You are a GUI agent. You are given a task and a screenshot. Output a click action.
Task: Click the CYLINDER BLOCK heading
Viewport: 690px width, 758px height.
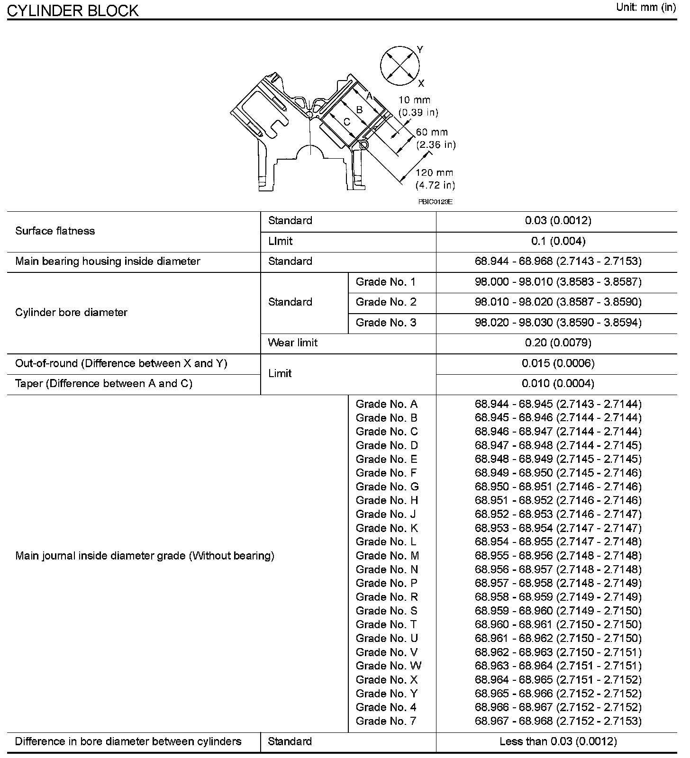tap(73, 10)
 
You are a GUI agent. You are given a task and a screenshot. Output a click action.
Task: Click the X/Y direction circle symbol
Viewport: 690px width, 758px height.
tap(400, 66)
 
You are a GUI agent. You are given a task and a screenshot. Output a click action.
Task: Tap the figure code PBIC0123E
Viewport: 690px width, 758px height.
tap(435, 202)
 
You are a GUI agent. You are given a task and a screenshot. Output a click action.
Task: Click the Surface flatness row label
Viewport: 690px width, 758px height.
tap(55, 231)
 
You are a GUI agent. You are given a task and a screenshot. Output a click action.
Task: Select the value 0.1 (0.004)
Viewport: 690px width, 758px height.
tap(558, 241)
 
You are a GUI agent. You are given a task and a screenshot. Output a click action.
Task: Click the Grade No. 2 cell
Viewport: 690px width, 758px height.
tap(386, 302)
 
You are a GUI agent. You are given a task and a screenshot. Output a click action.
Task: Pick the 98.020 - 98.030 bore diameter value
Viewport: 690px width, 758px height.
tap(558, 323)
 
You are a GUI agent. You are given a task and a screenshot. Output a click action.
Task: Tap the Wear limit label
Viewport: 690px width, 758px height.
tap(292, 343)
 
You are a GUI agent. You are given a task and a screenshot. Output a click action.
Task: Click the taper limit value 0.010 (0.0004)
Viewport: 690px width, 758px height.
tap(558, 383)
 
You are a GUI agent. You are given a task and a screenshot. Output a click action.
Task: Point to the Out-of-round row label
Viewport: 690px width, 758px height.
tap(121, 363)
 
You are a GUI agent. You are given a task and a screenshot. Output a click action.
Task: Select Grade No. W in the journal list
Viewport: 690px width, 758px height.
tap(388, 666)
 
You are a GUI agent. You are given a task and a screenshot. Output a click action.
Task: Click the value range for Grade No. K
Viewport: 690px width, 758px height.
tap(558, 528)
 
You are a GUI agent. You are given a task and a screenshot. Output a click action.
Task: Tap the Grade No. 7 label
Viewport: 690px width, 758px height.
tap(386, 721)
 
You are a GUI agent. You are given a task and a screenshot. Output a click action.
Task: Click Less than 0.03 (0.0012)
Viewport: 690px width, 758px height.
tap(558, 741)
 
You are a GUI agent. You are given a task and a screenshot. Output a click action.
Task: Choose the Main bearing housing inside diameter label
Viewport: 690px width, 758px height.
tap(108, 262)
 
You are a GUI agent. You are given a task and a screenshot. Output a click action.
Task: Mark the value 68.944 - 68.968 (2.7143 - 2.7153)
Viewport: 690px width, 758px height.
tap(558, 262)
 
